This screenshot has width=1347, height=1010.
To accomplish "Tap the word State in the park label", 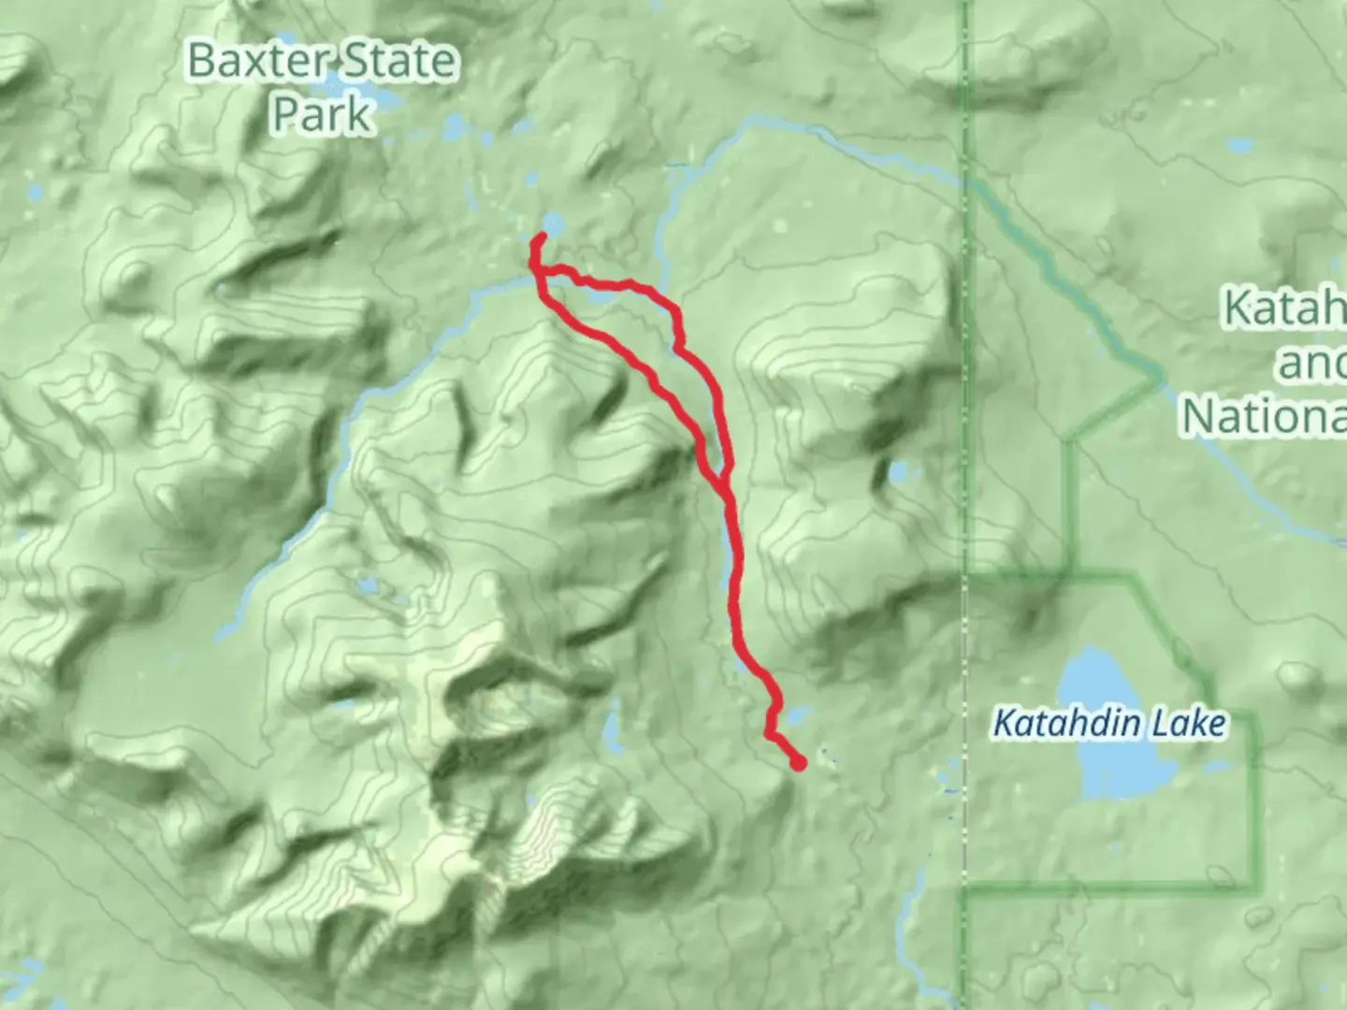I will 397,62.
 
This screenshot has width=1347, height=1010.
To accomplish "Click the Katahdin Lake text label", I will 1108,724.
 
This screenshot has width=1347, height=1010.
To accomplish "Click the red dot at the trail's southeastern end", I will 798,763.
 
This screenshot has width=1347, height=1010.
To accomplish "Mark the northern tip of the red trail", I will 542,238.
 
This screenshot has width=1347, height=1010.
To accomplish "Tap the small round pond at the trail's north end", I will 554,225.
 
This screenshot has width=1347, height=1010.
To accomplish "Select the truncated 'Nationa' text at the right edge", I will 1263,415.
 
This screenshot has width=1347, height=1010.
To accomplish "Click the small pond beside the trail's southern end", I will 795,718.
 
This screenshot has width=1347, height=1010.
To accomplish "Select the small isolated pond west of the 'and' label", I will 899,472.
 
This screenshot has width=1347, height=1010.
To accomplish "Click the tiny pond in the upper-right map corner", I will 1240,147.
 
